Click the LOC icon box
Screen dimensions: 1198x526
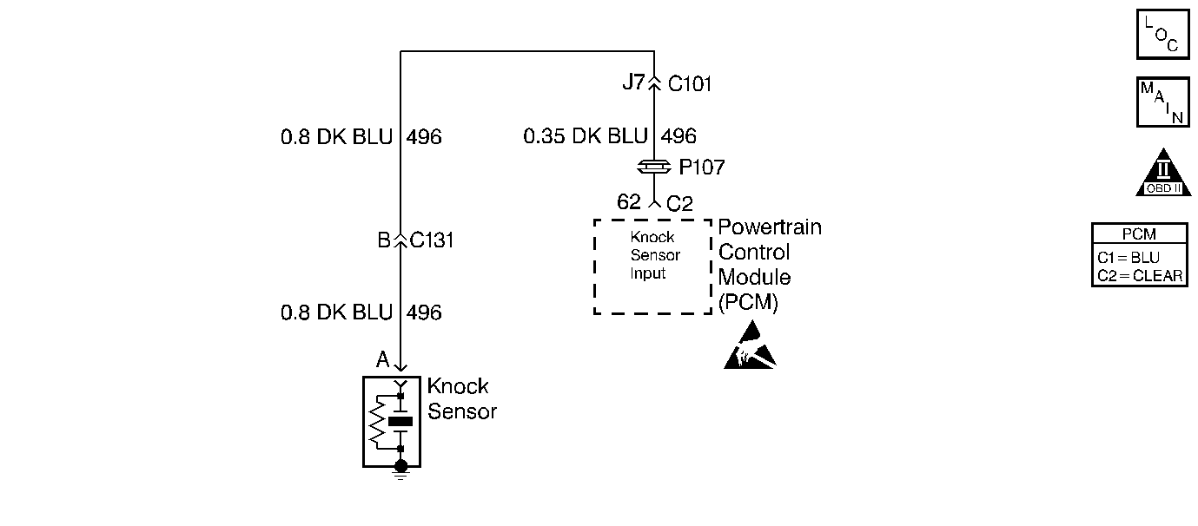coord(1162,34)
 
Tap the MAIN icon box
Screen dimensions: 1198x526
coord(1162,102)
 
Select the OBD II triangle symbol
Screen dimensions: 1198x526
coord(1163,174)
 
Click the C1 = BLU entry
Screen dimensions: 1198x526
coord(1129,258)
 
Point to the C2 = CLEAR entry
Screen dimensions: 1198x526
coord(1140,276)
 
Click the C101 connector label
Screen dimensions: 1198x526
coord(690,84)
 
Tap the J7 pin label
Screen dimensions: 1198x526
coord(634,82)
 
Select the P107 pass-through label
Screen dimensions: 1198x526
coord(702,168)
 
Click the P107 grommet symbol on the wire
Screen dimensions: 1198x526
coord(654,168)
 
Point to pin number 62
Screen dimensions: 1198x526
coord(628,202)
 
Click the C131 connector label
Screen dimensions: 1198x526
coord(432,240)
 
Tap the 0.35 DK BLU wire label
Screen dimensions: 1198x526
coord(585,135)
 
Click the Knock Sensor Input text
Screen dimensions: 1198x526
coord(655,255)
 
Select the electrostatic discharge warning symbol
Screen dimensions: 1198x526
coord(750,345)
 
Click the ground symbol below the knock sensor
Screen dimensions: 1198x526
coord(400,470)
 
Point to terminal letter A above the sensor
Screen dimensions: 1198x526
coord(382,359)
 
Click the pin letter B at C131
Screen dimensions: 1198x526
coord(384,240)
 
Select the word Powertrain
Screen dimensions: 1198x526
coord(770,227)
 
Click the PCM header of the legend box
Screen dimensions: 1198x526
coord(1139,234)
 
